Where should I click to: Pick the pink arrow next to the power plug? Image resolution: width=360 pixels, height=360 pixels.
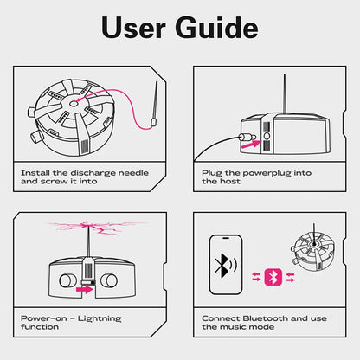point(250,147)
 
